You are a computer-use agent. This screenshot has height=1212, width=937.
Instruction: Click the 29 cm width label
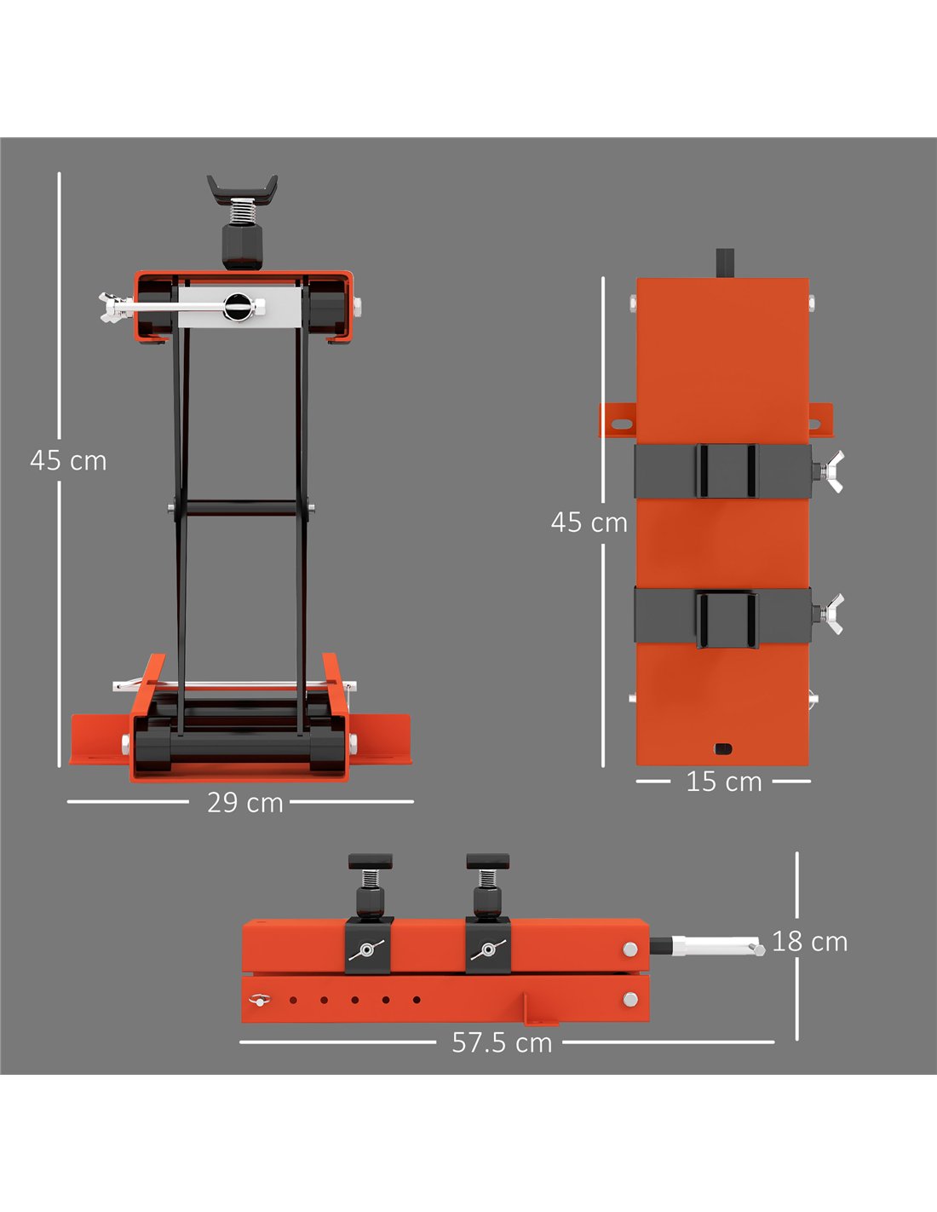click(x=245, y=803)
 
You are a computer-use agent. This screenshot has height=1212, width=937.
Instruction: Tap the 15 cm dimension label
click(x=723, y=782)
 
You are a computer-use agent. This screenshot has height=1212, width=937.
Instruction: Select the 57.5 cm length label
click(x=502, y=1043)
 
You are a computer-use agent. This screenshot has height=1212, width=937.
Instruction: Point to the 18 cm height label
click(x=809, y=942)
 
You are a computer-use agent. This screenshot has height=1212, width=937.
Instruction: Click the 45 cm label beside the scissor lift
click(x=68, y=461)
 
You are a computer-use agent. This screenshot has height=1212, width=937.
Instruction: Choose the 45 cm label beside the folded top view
click(x=589, y=522)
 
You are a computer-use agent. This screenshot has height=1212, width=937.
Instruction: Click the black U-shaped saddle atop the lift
click(x=243, y=188)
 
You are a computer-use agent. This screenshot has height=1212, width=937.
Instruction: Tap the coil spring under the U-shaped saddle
click(x=243, y=212)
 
